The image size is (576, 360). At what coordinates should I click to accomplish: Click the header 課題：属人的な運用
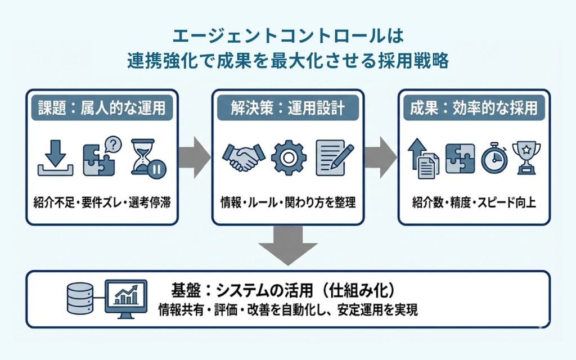click(x=102, y=108)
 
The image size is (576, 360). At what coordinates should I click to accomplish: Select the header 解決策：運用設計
click(x=287, y=108)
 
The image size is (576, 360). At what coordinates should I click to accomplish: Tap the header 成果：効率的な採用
click(x=470, y=108)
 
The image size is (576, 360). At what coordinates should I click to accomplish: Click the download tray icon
click(x=55, y=158)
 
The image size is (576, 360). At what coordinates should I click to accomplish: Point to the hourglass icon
click(x=148, y=157)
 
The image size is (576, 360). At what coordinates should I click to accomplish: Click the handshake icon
click(x=243, y=158)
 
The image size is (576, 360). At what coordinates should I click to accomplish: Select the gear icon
click(x=289, y=158)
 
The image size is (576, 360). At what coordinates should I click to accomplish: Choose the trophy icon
click(x=526, y=157)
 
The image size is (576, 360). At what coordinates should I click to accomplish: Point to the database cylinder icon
click(x=80, y=298)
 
